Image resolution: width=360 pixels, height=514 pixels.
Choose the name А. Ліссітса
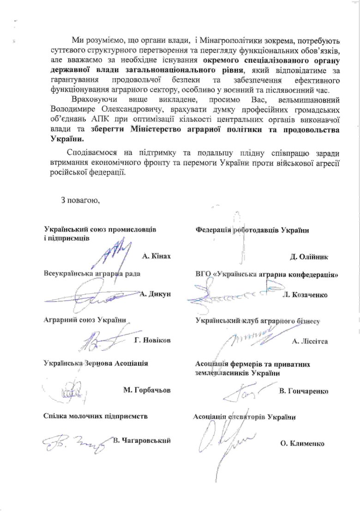pos(310,341)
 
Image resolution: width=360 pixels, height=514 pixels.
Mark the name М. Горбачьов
pos(147,390)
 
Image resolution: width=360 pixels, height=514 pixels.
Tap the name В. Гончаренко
pos(303,391)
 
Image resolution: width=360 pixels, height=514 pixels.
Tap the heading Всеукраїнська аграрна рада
pos(92,273)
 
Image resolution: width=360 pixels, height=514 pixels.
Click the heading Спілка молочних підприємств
pos(96,416)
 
